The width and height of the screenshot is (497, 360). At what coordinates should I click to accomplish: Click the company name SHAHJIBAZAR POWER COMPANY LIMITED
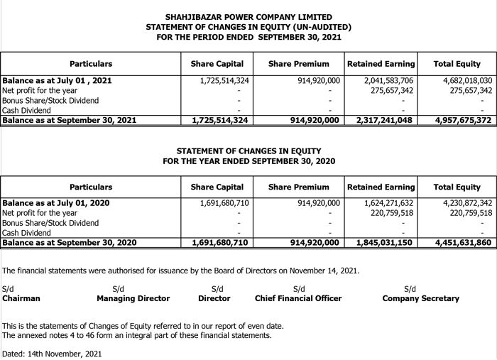(248, 17)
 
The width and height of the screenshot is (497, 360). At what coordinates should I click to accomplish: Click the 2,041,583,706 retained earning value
(388, 81)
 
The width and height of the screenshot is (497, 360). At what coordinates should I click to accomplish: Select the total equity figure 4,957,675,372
(464, 121)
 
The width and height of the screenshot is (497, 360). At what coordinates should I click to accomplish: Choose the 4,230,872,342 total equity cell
(462, 203)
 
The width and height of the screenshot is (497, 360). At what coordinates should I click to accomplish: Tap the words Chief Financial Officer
(297, 299)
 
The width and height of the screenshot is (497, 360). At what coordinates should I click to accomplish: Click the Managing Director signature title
(133, 299)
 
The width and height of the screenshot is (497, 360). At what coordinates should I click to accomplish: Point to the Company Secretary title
(420, 299)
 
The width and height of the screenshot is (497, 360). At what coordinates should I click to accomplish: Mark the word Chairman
(21, 299)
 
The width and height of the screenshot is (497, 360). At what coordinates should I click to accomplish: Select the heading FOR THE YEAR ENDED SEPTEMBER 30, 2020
(248, 161)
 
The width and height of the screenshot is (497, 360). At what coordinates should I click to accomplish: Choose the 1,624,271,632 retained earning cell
(388, 203)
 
